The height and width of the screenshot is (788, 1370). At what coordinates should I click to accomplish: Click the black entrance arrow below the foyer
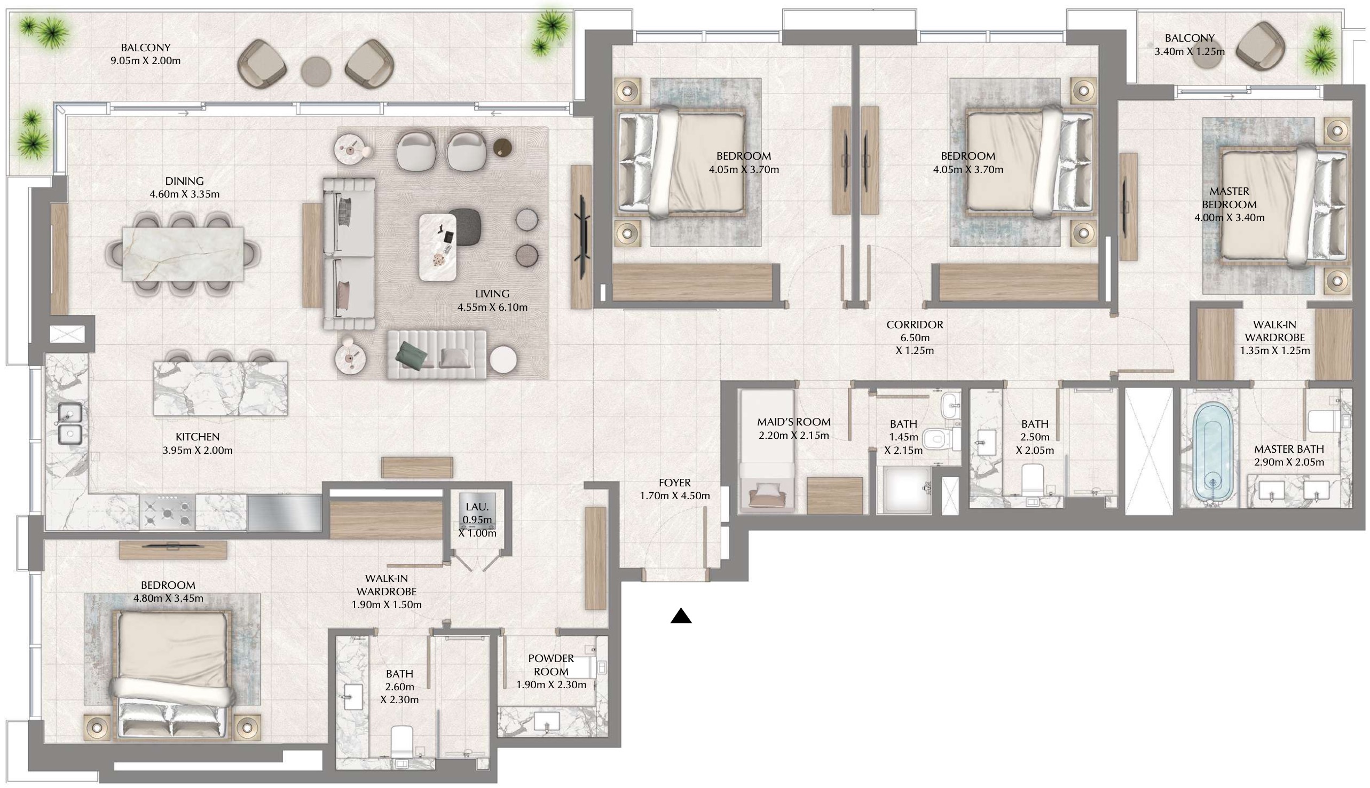point(681,616)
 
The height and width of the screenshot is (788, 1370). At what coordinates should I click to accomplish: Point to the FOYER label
point(674,483)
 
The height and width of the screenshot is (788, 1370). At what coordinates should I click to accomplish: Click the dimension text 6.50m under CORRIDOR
point(915,338)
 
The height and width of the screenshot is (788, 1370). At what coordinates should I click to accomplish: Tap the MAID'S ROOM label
point(793,422)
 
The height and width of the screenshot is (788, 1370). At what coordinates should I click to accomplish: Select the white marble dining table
point(183,254)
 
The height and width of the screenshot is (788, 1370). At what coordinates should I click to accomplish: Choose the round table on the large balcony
point(316,71)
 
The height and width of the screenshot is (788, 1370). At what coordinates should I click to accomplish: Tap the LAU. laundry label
point(477,507)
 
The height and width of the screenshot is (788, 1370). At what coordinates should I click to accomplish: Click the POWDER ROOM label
point(551,665)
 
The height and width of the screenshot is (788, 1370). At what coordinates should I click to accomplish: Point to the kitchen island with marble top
point(220,388)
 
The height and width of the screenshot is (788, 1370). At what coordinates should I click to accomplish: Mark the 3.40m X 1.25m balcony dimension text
point(1190,52)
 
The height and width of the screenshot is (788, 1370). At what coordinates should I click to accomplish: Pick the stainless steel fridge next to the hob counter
point(284,513)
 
